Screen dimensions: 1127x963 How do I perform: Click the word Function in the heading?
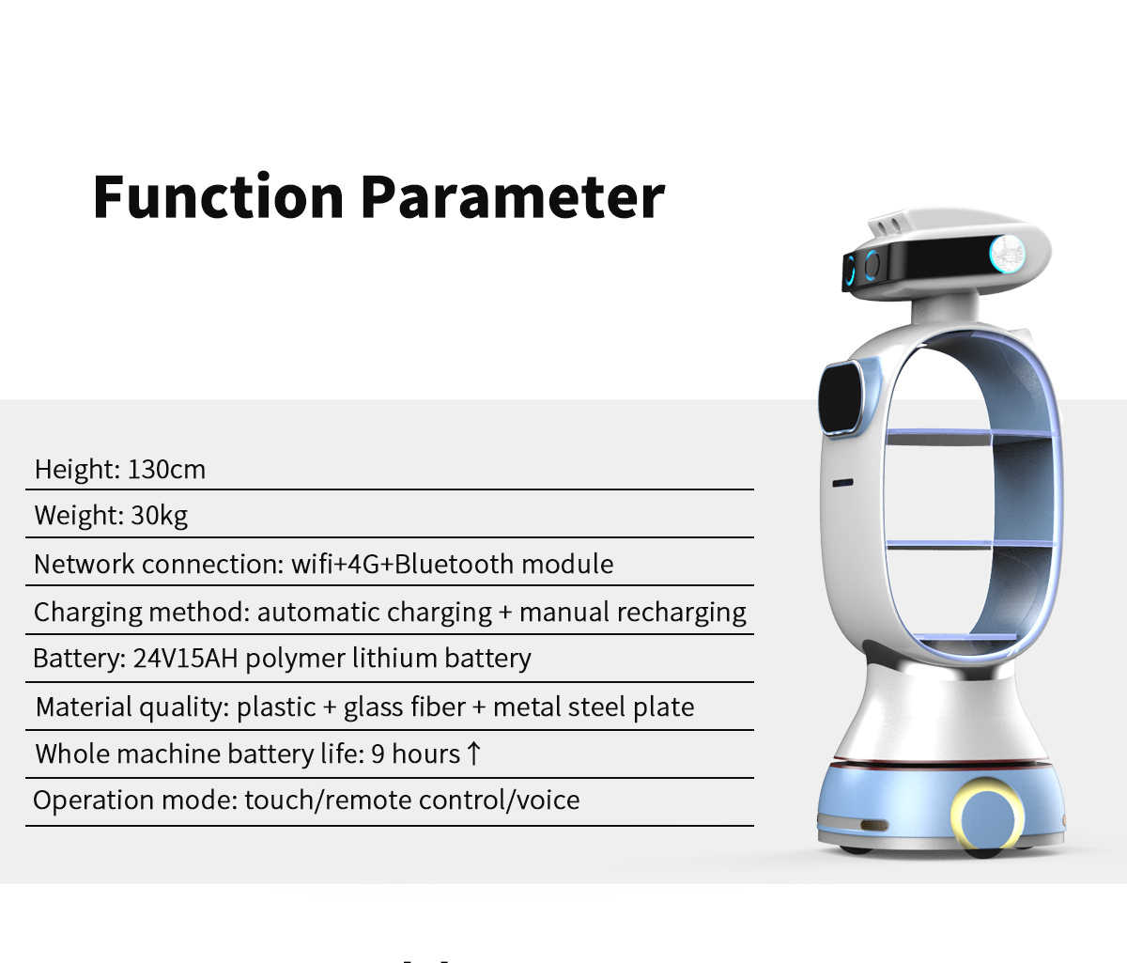218,196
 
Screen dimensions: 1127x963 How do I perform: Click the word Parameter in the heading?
513,196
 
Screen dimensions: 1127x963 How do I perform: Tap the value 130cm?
166,469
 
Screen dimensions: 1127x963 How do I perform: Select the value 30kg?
160,515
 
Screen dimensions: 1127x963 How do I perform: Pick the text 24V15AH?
185,659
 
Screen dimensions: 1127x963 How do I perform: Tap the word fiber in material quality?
438,707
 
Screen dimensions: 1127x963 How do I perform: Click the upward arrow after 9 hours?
473,753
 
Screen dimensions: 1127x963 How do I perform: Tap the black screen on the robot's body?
841,399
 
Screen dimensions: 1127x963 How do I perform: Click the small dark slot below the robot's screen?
842,483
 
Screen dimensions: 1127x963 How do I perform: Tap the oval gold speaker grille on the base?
874,825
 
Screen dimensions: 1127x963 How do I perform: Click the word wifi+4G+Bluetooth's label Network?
84,564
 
